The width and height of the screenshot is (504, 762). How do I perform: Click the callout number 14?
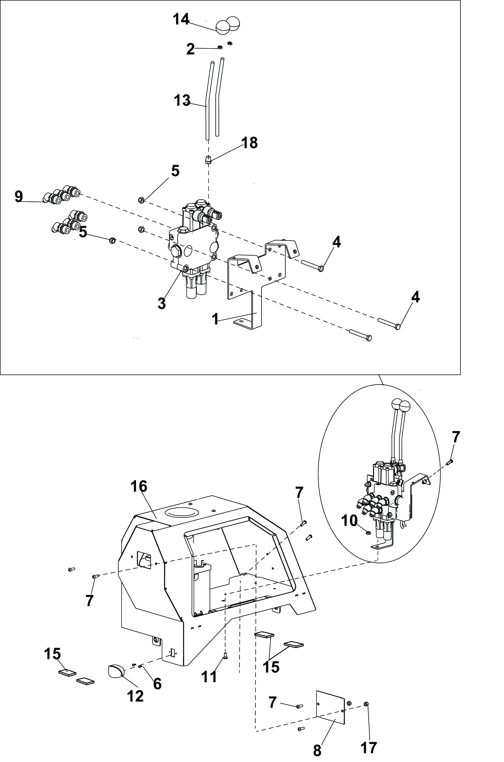tap(181, 20)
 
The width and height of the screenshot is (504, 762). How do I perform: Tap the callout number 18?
tap(249, 143)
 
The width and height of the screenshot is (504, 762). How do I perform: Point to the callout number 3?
tap(162, 303)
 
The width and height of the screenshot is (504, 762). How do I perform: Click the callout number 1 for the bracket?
tap(215, 319)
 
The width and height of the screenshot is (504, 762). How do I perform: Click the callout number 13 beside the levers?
tap(182, 100)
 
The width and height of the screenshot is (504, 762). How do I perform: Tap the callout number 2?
tap(191, 50)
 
